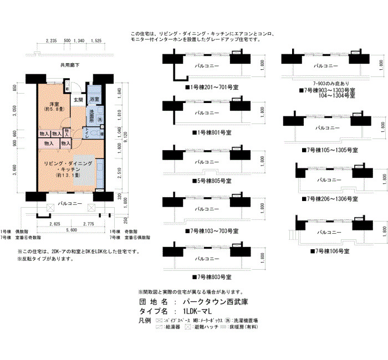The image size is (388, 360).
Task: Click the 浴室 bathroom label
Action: coord(95,99)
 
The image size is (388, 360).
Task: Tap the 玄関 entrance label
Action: coord(79,100)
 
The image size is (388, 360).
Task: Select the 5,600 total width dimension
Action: coord(70,230)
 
